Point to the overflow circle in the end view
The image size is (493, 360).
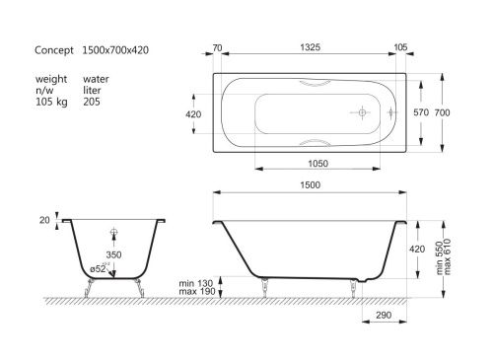113,233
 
